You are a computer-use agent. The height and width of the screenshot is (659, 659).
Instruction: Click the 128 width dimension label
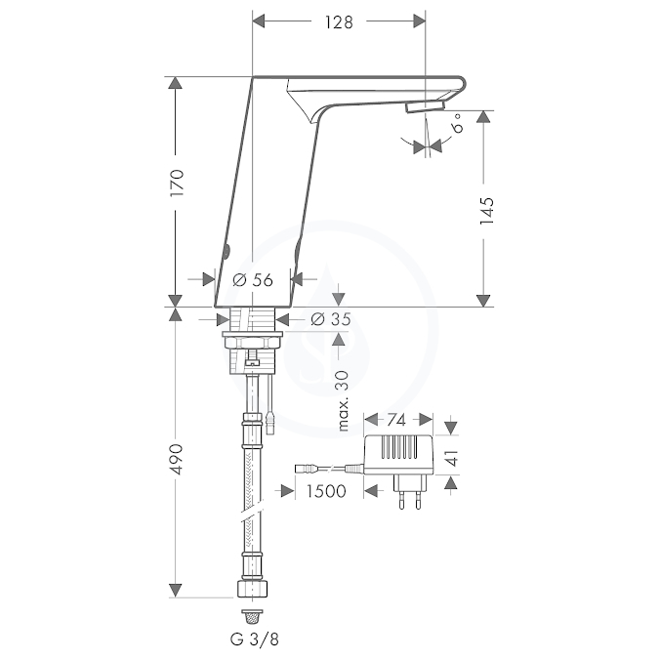pos(339,21)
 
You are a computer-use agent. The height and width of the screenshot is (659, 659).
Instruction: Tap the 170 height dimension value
pos(177,183)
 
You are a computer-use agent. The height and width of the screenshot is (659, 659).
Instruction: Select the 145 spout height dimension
pos(487,210)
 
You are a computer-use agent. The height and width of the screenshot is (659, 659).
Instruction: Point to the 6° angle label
pos(457,123)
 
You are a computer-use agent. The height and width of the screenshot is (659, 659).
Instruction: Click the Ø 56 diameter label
pos(253,280)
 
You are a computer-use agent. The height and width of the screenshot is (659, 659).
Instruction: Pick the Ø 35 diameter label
pos(331,319)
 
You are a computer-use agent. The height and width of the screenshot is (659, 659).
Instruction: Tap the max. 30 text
pos(343,400)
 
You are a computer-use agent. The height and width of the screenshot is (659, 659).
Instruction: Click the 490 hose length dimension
pos(177,459)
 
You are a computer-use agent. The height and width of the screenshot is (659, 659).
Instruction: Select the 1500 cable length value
pos(326,491)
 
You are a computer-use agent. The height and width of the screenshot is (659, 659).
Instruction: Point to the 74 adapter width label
pos(396,420)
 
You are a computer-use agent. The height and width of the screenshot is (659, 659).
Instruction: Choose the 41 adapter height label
pos(451,458)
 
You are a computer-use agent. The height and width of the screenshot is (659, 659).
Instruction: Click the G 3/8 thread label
pos(254,639)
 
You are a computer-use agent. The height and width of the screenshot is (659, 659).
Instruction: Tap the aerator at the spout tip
pos(426,105)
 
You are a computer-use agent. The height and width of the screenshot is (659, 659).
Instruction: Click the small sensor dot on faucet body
pos(227,251)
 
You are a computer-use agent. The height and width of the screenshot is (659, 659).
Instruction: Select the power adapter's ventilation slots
pos(399,446)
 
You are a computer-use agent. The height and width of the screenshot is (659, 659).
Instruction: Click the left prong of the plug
pos(401,500)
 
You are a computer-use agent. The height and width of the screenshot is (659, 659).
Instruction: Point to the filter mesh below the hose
pos(253,617)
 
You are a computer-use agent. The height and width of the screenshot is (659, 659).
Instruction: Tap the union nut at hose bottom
pos(253,589)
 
